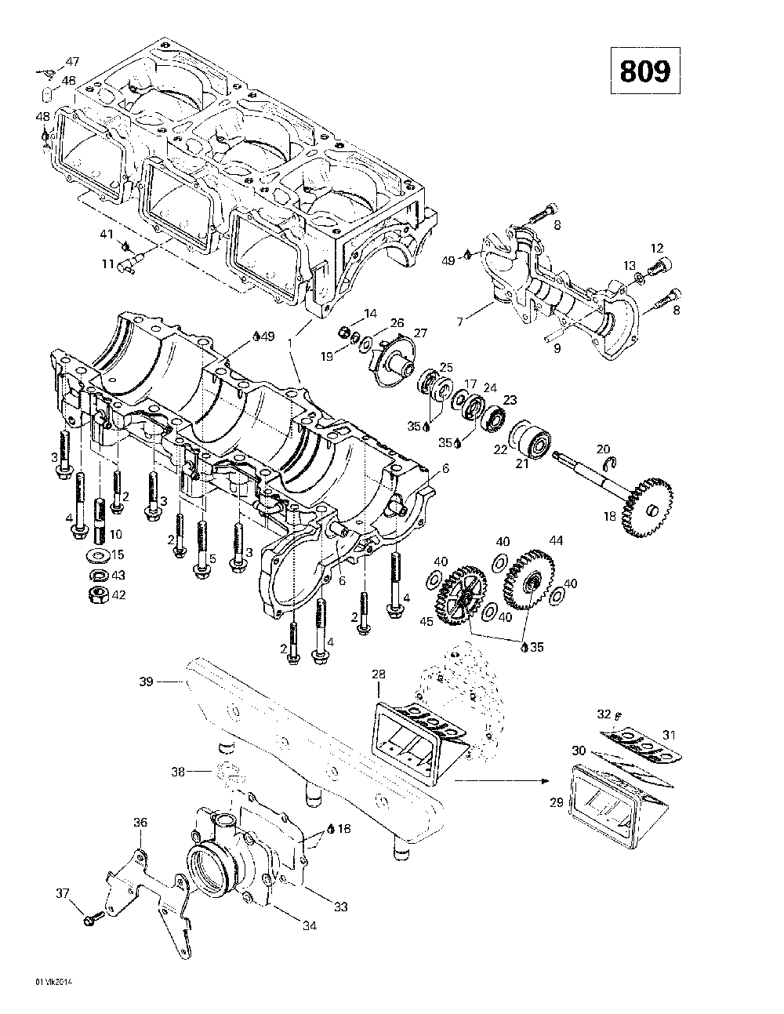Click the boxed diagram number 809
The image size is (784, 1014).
645,71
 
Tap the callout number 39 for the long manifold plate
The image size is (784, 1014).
147,681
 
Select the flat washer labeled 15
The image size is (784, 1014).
97,556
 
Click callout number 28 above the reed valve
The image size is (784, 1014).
379,675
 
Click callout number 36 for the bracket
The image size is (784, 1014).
140,823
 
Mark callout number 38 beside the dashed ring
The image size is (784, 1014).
179,772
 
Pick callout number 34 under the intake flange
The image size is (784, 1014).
310,926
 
